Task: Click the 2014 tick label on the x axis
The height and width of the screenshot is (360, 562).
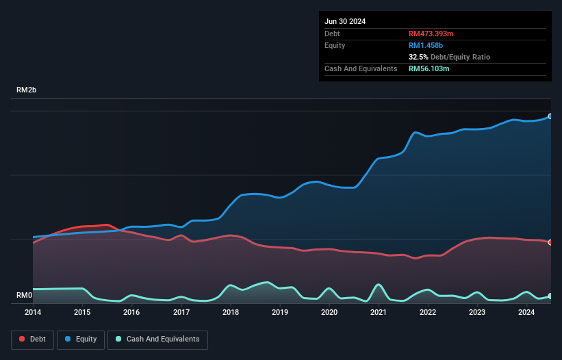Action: click(33, 312)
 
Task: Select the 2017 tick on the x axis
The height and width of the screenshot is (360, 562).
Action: click(181, 312)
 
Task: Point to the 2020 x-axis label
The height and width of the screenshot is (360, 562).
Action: click(329, 312)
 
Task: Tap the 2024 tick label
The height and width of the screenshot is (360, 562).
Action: click(526, 312)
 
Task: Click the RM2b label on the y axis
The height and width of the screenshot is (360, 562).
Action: click(27, 90)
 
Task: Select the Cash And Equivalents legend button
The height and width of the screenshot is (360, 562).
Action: click(157, 339)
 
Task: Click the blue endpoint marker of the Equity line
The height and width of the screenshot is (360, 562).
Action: click(550, 116)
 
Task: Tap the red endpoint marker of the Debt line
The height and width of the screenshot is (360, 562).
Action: click(550, 242)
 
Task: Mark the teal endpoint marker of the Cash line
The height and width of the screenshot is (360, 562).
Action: click(550, 296)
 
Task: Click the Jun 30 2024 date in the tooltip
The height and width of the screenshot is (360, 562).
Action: click(345, 21)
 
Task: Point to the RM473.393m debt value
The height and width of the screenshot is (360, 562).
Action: click(432, 34)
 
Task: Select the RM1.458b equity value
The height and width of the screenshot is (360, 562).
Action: click(426, 45)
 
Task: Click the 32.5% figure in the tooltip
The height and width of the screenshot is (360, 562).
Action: click(420, 57)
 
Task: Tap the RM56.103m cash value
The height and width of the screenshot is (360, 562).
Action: click(429, 68)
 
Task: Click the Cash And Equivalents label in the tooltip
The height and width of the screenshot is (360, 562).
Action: click(361, 68)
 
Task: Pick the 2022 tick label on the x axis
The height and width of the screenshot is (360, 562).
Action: click(428, 312)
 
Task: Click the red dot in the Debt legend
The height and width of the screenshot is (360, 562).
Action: click(23, 339)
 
